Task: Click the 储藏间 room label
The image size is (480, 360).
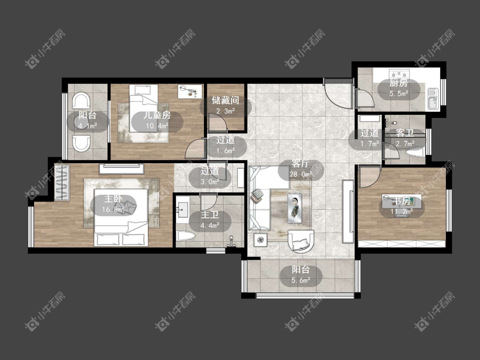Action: pos(226,100)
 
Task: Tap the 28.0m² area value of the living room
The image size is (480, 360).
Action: pos(301,174)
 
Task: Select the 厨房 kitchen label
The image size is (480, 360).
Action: pos(399,83)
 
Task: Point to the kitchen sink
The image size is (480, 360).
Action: pos(433,99)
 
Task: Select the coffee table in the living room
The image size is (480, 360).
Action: pos(294,208)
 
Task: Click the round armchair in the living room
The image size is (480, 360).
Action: pos(301,241)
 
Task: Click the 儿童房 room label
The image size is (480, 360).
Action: pos(157,115)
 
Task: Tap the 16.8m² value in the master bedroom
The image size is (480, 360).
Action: pos(113,210)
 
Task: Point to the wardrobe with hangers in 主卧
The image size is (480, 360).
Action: pos(62,183)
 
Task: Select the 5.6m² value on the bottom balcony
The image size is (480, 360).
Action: pos(301,280)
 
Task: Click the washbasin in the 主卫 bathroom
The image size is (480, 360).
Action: pos(183,210)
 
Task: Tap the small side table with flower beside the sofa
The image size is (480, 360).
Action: pos(261,240)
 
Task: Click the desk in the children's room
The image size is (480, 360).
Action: pos(190,92)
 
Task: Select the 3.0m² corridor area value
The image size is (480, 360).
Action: pos(210,181)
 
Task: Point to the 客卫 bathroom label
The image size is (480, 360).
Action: pos(405,133)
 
